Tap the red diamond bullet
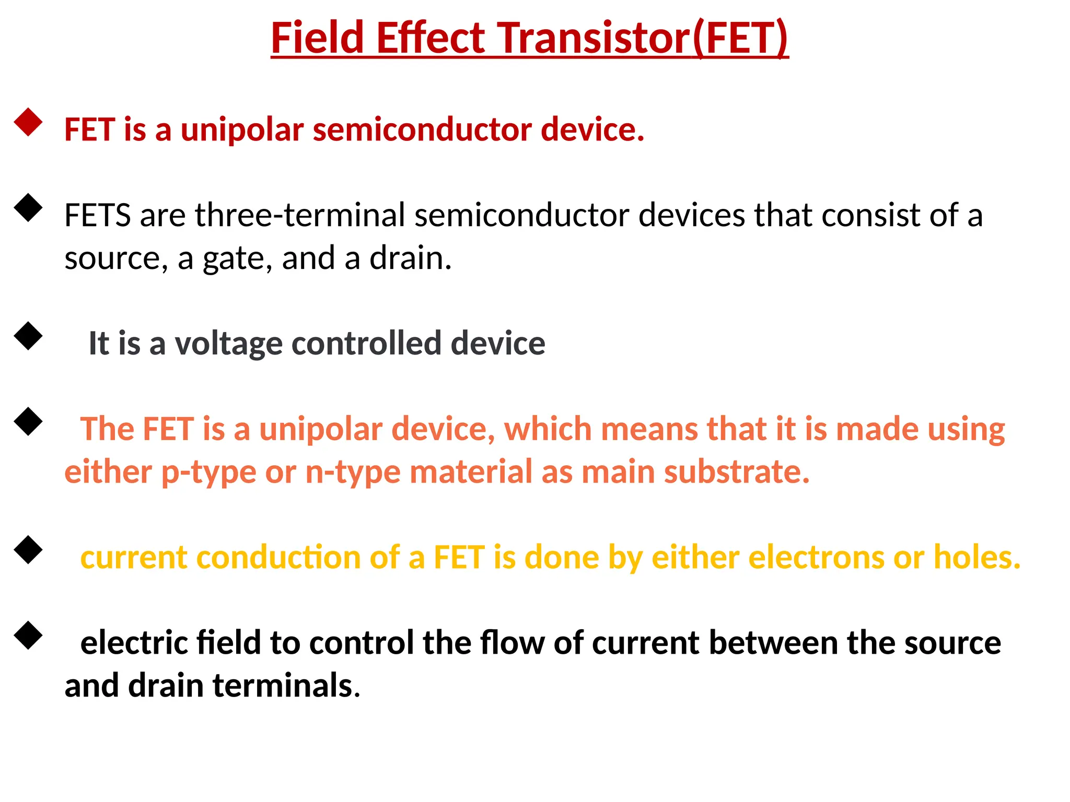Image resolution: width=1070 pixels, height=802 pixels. (x=28, y=122)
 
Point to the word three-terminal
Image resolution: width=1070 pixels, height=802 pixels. (x=300, y=215)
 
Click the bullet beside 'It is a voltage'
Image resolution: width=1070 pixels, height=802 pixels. (x=28, y=336)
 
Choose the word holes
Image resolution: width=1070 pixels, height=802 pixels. (x=976, y=558)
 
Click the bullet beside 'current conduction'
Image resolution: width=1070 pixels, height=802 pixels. (x=28, y=550)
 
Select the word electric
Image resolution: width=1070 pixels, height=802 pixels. (x=134, y=643)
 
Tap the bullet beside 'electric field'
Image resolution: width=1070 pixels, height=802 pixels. (x=28, y=635)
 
